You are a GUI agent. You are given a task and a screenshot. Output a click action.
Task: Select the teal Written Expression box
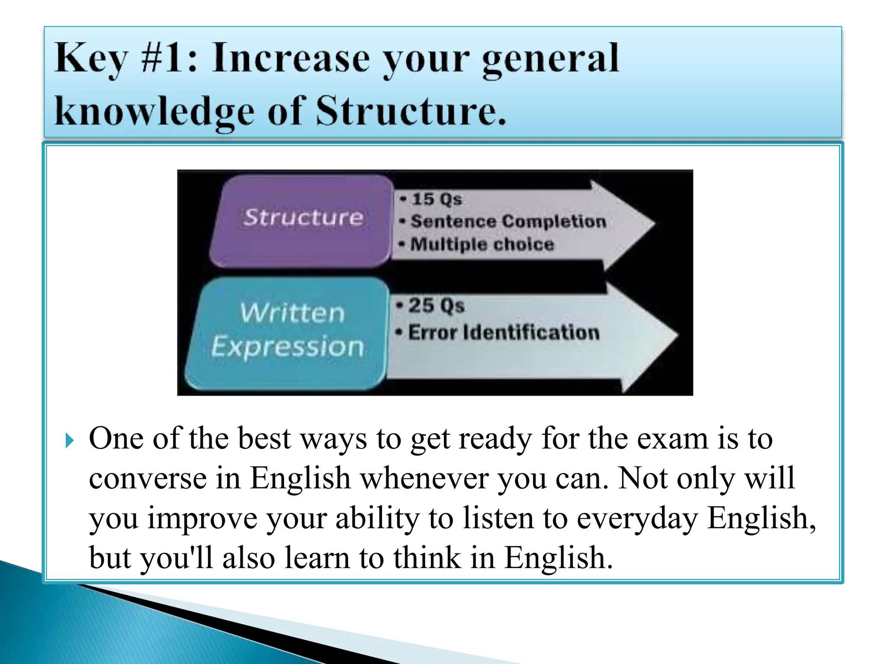288,333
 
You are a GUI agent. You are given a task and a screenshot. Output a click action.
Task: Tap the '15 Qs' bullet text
437,199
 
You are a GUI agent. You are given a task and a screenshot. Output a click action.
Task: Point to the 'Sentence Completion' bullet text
508,222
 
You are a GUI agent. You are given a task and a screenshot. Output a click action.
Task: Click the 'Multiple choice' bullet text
482,244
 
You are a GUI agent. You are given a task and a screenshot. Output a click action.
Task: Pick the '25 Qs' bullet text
436,306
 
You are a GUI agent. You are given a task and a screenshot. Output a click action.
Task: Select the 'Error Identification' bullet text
504,332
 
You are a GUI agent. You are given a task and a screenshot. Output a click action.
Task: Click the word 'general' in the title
550,60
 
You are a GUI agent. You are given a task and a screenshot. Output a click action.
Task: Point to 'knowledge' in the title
154,112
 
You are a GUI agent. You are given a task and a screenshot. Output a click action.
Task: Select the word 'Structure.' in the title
411,111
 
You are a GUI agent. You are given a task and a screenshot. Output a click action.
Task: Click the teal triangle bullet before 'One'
70,441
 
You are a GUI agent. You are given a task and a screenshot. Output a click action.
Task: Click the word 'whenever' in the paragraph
424,478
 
